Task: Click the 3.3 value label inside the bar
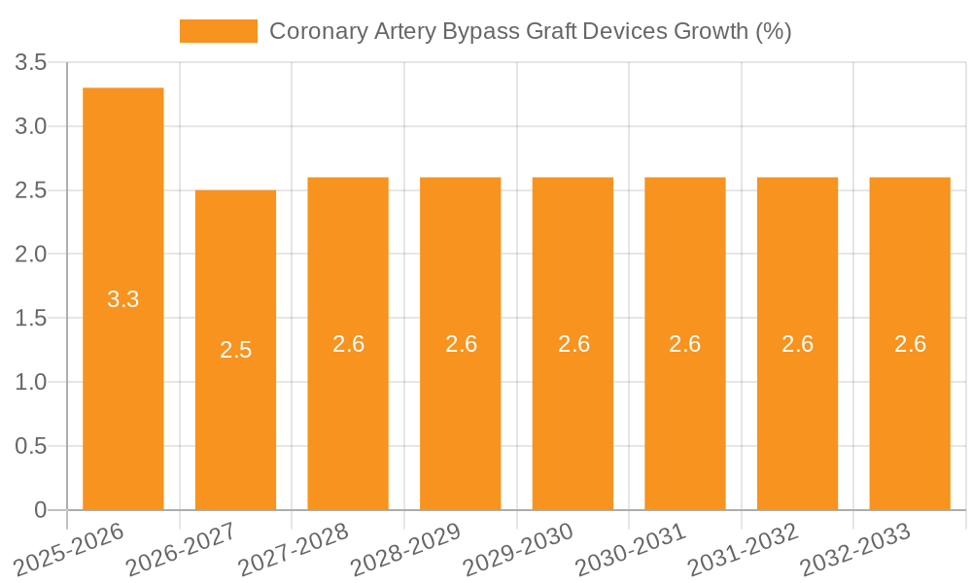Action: [123, 299]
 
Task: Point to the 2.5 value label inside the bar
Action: [235, 350]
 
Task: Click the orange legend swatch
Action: [219, 31]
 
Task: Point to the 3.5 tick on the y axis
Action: [31, 63]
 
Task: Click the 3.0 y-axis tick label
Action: [31, 126]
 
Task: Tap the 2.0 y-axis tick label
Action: [31, 255]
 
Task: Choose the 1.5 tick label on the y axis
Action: [31, 319]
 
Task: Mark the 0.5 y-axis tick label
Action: [31, 446]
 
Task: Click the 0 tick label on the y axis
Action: [40, 510]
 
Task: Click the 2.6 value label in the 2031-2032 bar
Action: [797, 344]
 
